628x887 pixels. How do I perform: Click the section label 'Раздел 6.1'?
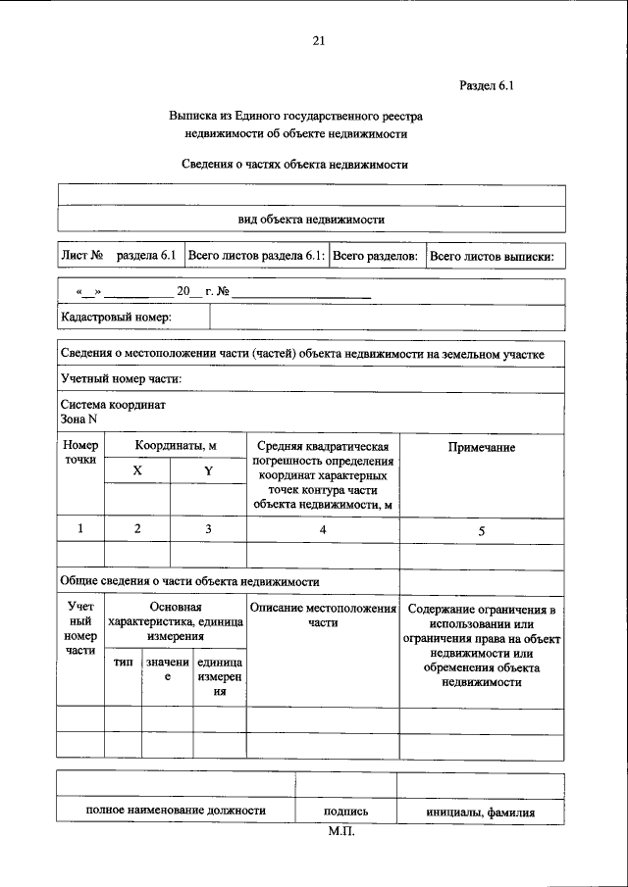coord(487,86)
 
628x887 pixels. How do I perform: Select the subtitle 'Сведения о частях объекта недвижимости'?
coord(294,165)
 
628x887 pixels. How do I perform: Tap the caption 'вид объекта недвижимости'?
coord(311,219)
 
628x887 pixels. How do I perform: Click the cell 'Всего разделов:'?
coord(376,256)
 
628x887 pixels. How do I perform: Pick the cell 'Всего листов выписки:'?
coord(493,256)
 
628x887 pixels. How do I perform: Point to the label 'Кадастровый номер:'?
coord(117,317)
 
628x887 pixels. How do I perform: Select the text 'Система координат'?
coord(113,405)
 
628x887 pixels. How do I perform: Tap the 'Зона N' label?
coord(78,419)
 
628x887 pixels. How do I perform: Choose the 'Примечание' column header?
coord(482,447)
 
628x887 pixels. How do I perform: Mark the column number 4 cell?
coord(322,529)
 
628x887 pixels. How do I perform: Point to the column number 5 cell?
coord(482,530)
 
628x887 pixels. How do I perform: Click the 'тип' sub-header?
coord(124,664)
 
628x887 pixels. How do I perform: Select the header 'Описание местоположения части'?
coord(322,616)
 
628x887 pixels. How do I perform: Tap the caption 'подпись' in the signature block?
coord(345,812)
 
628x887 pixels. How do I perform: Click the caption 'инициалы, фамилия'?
coord(481,812)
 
